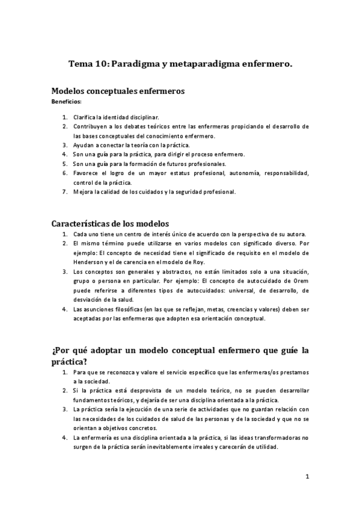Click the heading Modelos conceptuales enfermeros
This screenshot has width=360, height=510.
tap(117, 91)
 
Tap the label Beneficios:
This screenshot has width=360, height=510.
tap(66, 102)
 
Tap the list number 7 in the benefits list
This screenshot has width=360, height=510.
tap(65, 192)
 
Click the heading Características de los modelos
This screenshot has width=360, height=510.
tap(110, 223)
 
